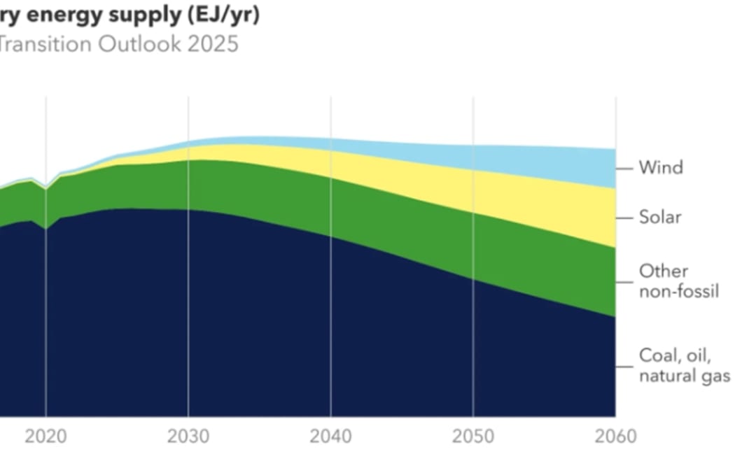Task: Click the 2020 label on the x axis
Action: (x=46, y=437)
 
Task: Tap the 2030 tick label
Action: (x=188, y=437)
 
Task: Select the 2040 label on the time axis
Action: (x=331, y=437)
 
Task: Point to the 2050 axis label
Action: (x=473, y=437)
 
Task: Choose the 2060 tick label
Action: (x=615, y=437)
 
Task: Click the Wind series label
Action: (x=660, y=168)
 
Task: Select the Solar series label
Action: (x=660, y=218)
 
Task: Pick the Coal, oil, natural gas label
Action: (x=684, y=365)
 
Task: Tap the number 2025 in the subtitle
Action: (x=214, y=44)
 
